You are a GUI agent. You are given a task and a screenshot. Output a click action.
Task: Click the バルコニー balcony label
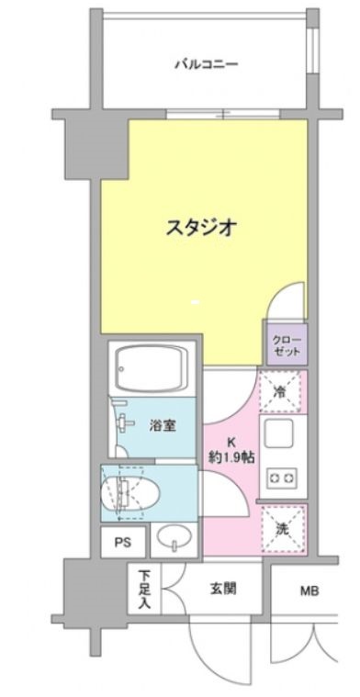207,64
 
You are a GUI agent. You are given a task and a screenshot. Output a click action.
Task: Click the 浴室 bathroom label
163,424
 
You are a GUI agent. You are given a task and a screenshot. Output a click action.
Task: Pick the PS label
122,543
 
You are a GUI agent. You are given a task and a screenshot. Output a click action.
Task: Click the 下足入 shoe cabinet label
145,588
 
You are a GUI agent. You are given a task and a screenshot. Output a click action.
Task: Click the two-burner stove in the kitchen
281,478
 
